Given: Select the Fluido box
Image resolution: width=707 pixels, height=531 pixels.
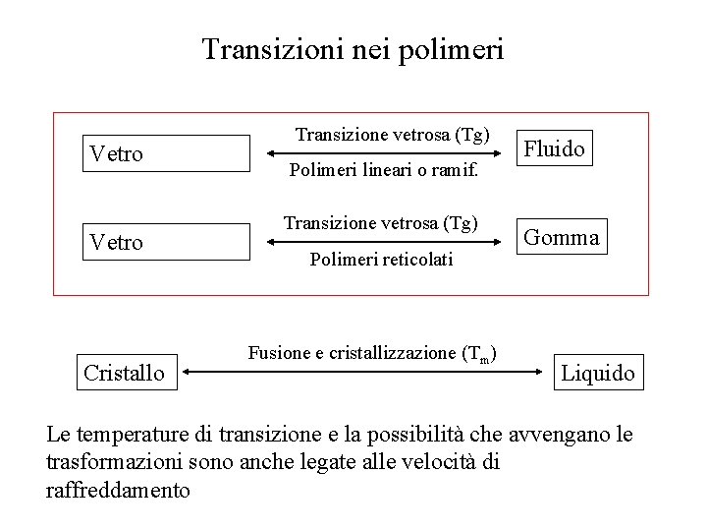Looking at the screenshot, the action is point(555,148).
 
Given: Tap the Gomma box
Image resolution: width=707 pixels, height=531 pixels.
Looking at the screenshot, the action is point(562,237).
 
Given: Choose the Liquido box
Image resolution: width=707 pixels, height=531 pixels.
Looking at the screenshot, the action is point(598,373).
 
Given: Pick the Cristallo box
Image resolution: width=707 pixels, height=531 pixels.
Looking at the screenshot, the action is point(124,373).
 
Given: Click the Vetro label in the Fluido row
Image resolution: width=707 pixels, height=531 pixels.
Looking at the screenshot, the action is point(117,153).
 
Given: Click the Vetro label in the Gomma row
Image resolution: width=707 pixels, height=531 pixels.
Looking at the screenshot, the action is point(117,242).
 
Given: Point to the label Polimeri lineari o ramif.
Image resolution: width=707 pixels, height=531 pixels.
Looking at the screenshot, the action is point(384,171).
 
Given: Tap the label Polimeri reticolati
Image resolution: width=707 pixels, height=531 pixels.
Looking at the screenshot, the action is point(381,260).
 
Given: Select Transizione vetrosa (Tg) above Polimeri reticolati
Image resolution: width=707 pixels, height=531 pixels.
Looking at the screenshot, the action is point(381,223).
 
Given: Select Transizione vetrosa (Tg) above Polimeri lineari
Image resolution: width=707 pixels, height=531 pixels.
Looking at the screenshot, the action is point(393,133).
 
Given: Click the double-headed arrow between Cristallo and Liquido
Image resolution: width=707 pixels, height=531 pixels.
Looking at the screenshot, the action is point(363,372).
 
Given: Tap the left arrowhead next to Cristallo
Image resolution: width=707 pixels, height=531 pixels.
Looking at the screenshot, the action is point(188,372).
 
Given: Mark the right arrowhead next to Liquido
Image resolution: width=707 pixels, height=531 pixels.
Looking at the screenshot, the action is point(539,372).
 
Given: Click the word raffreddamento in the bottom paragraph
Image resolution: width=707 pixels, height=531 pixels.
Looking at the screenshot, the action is point(119,490).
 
